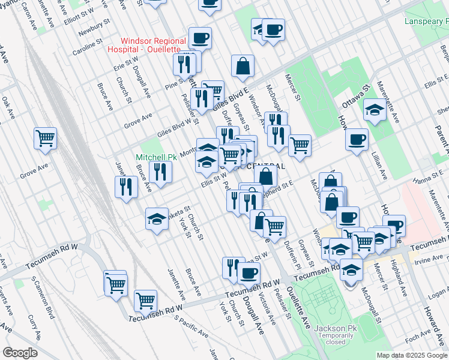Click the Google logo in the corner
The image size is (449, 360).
click(x=20, y=353)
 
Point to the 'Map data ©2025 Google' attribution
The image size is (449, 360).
click(x=411, y=355)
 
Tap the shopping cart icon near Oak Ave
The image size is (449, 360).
click(x=45, y=139)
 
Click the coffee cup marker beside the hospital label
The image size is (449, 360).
click(x=200, y=38)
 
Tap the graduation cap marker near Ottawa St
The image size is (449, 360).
click(x=375, y=110)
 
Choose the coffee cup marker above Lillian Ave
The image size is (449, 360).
click(x=357, y=140)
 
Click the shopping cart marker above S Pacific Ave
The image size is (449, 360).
click(x=145, y=301)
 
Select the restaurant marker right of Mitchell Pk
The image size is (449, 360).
click(x=160, y=172)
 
